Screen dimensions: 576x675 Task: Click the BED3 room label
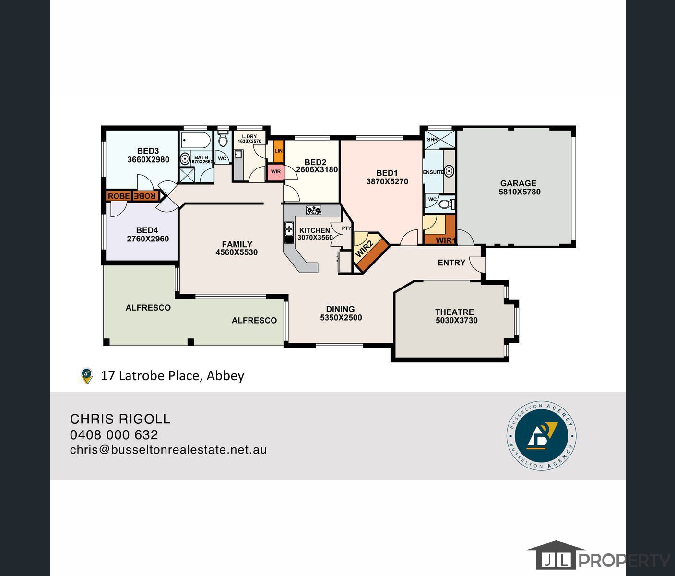tap(148, 151)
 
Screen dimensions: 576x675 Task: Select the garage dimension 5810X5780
tap(519, 192)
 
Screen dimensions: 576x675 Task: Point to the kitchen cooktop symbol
tap(313, 210)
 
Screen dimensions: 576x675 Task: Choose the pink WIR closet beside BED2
tap(276, 172)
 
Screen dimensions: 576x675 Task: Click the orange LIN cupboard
tap(278, 151)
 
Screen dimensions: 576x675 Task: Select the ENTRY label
tap(451, 263)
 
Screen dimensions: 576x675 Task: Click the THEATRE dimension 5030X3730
tap(456, 321)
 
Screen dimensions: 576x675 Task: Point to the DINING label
tap(340, 309)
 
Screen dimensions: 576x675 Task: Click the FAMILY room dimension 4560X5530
tap(237, 252)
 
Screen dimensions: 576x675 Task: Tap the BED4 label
tap(147, 230)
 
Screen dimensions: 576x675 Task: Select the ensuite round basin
tap(449, 171)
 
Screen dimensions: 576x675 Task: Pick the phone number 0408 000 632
tap(114, 435)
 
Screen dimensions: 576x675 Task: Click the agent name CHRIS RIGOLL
tap(120, 419)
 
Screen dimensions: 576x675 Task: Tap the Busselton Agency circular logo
tap(542, 436)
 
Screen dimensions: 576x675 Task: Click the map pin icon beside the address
tap(86, 376)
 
